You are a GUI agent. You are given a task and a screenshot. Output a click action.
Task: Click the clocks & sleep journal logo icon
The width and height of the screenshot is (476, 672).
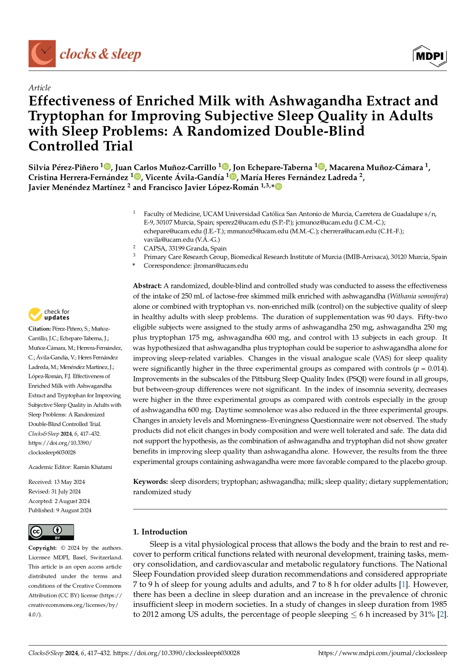[42, 54]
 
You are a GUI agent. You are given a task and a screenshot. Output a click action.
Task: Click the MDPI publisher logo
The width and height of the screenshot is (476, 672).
[430, 56]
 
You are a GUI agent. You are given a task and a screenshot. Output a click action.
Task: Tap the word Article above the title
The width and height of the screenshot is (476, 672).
[40, 88]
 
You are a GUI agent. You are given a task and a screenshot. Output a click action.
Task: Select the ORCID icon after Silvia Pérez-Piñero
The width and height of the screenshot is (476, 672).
[107, 167]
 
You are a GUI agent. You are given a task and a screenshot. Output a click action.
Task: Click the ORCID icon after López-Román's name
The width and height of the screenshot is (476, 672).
[278, 187]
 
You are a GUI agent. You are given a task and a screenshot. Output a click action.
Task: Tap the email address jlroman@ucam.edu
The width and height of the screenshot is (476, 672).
[221, 266]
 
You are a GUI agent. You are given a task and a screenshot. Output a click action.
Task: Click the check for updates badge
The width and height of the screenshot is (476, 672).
[49, 315]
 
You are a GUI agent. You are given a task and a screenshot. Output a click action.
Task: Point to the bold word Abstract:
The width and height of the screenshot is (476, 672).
[147, 286]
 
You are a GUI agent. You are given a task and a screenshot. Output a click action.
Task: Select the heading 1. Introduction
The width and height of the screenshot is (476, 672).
[160, 532]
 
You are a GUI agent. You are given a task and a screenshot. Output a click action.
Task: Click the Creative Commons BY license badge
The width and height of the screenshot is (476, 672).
[51, 532]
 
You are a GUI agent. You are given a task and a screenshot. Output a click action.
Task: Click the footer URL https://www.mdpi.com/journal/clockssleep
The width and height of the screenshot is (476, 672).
[382, 653]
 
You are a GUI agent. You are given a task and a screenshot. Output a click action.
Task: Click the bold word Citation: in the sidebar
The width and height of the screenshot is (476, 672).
[40, 329]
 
